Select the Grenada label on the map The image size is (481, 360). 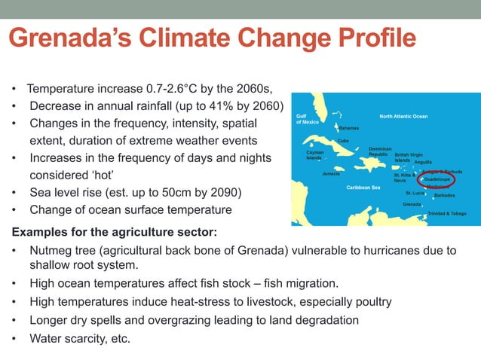tap(412, 204)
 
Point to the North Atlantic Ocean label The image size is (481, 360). tap(403, 117)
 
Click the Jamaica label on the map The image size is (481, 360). tap(330, 174)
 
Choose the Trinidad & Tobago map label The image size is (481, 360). tap(446, 214)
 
